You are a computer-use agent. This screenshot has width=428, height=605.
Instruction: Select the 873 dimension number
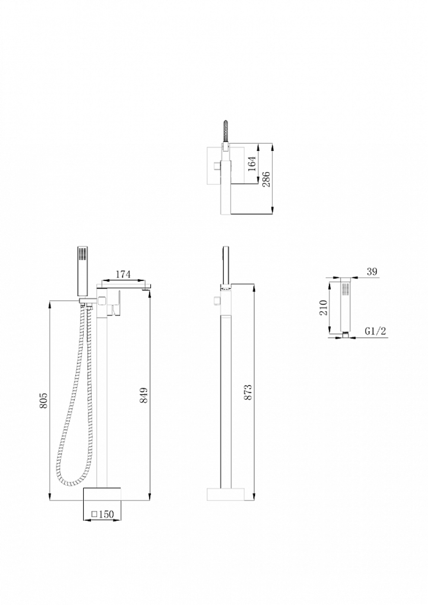tap(247, 392)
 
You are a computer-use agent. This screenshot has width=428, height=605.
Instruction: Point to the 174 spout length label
tap(123, 274)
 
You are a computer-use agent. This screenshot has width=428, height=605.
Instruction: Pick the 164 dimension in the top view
tap(252, 163)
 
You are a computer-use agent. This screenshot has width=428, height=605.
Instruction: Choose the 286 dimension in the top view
tap(266, 179)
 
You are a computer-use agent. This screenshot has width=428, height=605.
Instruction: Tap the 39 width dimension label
tap(372, 271)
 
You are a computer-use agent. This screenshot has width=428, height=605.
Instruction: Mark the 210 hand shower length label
tap(324, 307)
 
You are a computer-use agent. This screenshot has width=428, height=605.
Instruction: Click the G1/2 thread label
tap(376, 331)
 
